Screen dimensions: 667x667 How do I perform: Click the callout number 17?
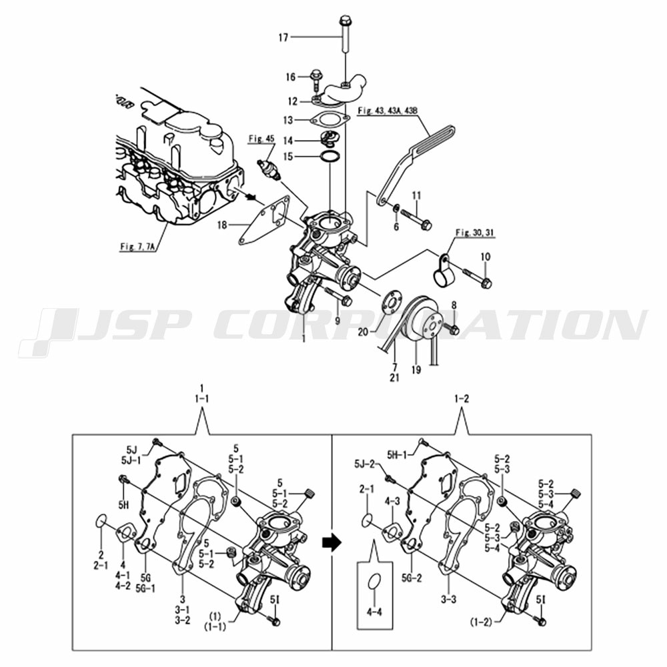tap(283, 38)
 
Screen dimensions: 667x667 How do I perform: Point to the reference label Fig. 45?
tap(261, 139)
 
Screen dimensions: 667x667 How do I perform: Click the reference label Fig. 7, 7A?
tap(137, 247)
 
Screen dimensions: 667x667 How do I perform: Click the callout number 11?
tap(416, 195)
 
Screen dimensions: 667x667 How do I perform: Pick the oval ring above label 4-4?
tap(375, 582)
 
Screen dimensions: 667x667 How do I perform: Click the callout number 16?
tap(290, 77)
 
